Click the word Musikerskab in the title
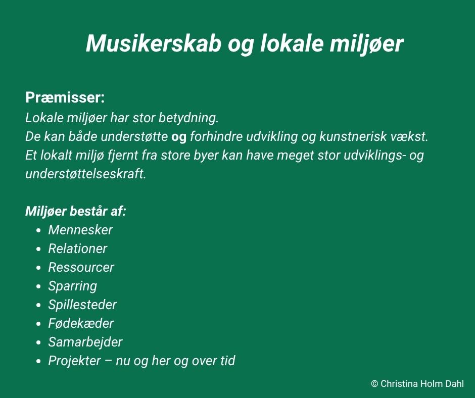[153, 43]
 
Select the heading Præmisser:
[65, 97]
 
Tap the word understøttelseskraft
[86, 174]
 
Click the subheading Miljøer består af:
[75, 211]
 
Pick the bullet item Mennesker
[80, 230]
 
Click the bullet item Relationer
[77, 248]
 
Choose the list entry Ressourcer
[81, 268]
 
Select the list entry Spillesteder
[82, 305]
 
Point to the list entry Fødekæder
[81, 323]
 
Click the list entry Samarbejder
[85, 342]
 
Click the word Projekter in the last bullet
[74, 361]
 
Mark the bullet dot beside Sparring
[38, 286]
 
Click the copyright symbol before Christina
[374, 384]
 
